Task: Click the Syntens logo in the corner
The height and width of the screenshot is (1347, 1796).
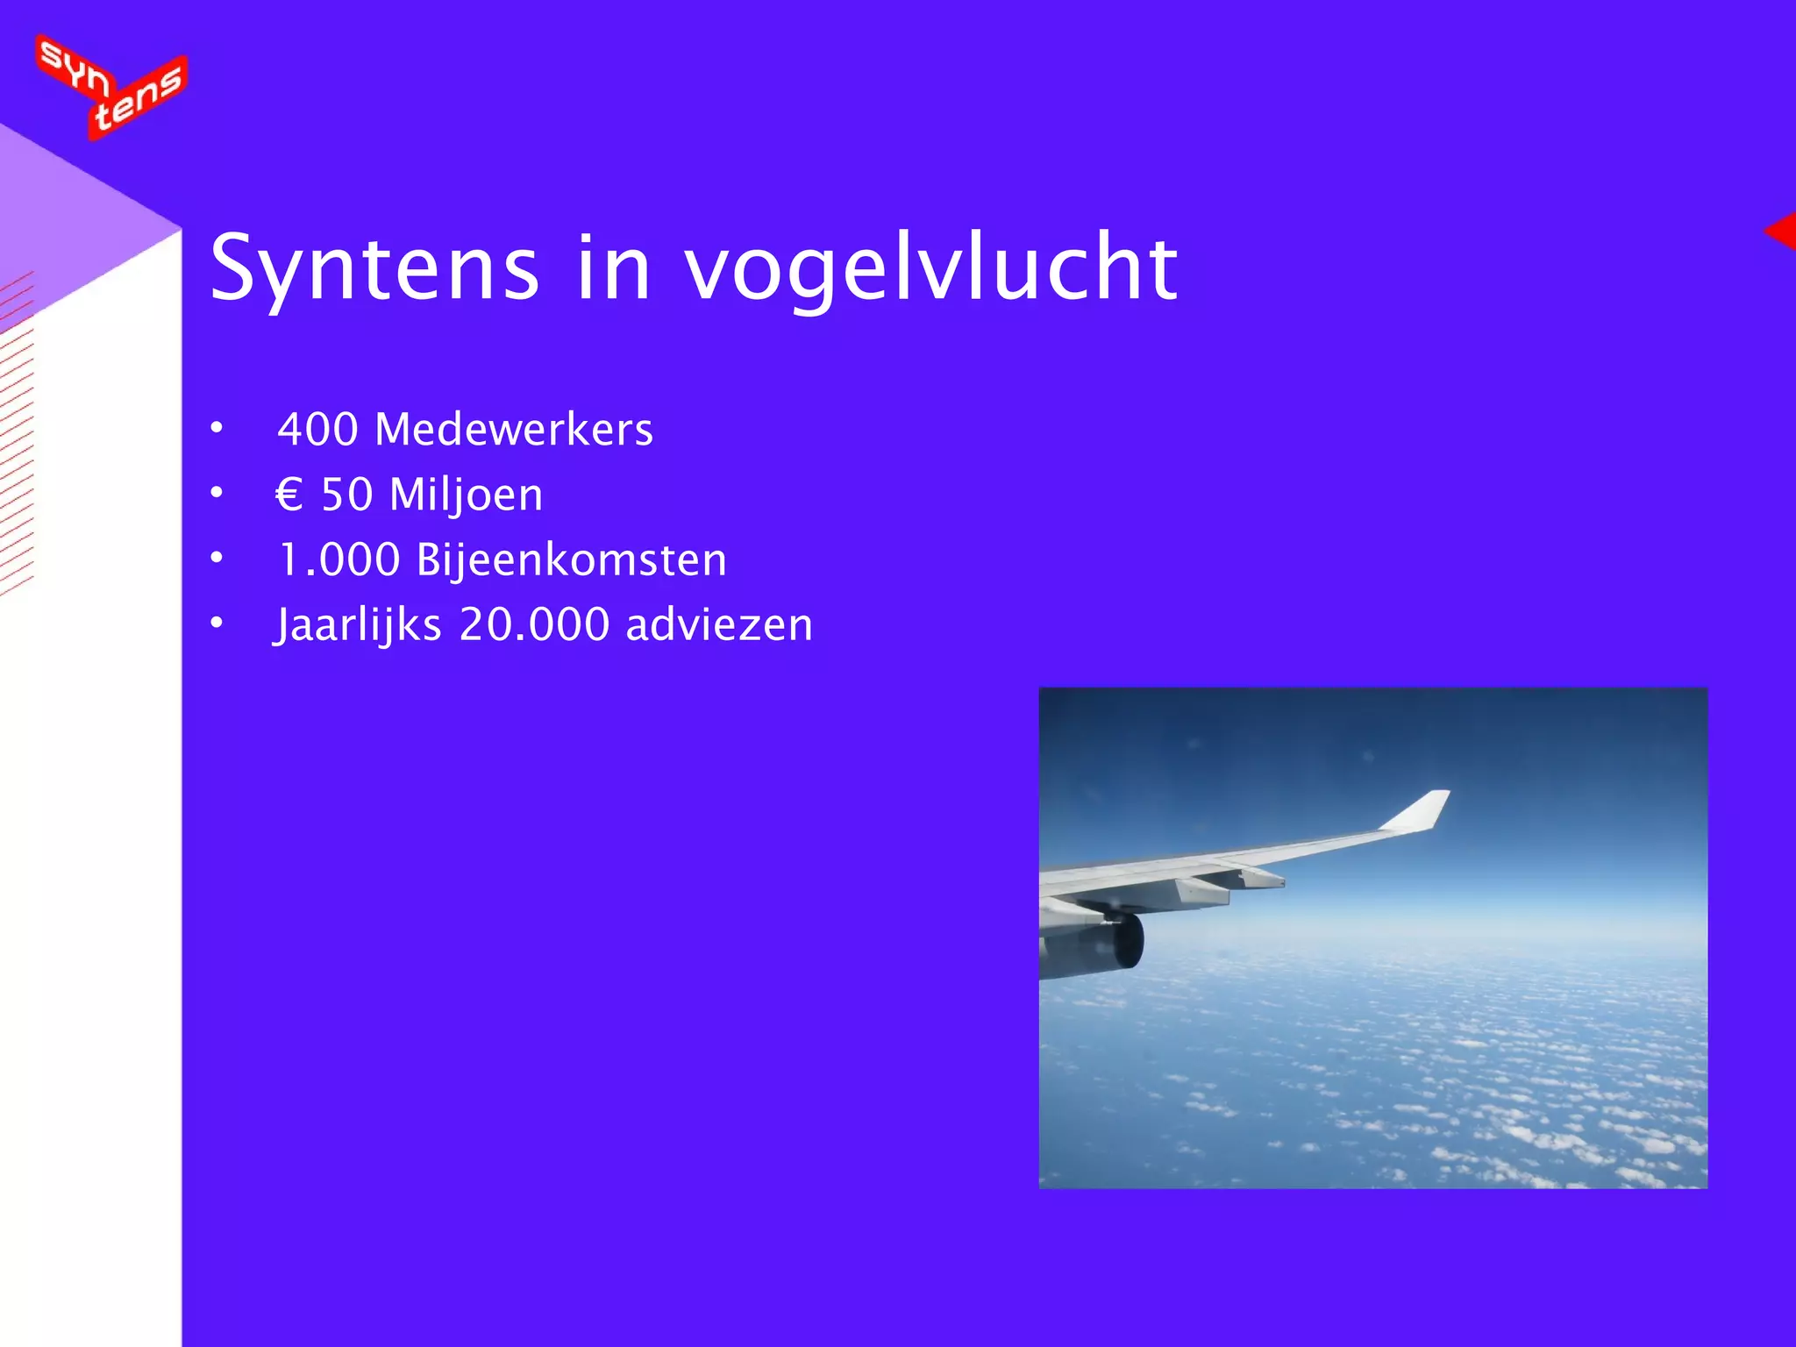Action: point(111,86)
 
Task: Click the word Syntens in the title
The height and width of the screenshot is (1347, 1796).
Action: point(374,268)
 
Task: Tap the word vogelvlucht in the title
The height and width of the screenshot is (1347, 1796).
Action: point(930,268)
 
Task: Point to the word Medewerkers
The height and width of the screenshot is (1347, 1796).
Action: point(514,430)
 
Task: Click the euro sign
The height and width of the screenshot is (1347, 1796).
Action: point(289,495)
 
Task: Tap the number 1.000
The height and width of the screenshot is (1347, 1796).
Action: point(339,560)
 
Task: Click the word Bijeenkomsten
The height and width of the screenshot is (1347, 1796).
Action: point(572,560)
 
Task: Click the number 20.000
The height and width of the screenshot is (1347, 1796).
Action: point(534,625)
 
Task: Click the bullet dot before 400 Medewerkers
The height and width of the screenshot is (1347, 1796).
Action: point(217,429)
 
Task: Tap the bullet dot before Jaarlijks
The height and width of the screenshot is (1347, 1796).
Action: point(217,624)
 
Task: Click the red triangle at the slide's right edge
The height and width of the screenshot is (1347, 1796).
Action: point(1782,232)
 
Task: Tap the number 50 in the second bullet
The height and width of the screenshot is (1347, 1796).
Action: point(347,495)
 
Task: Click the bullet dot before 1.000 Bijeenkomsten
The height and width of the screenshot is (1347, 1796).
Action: point(217,559)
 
